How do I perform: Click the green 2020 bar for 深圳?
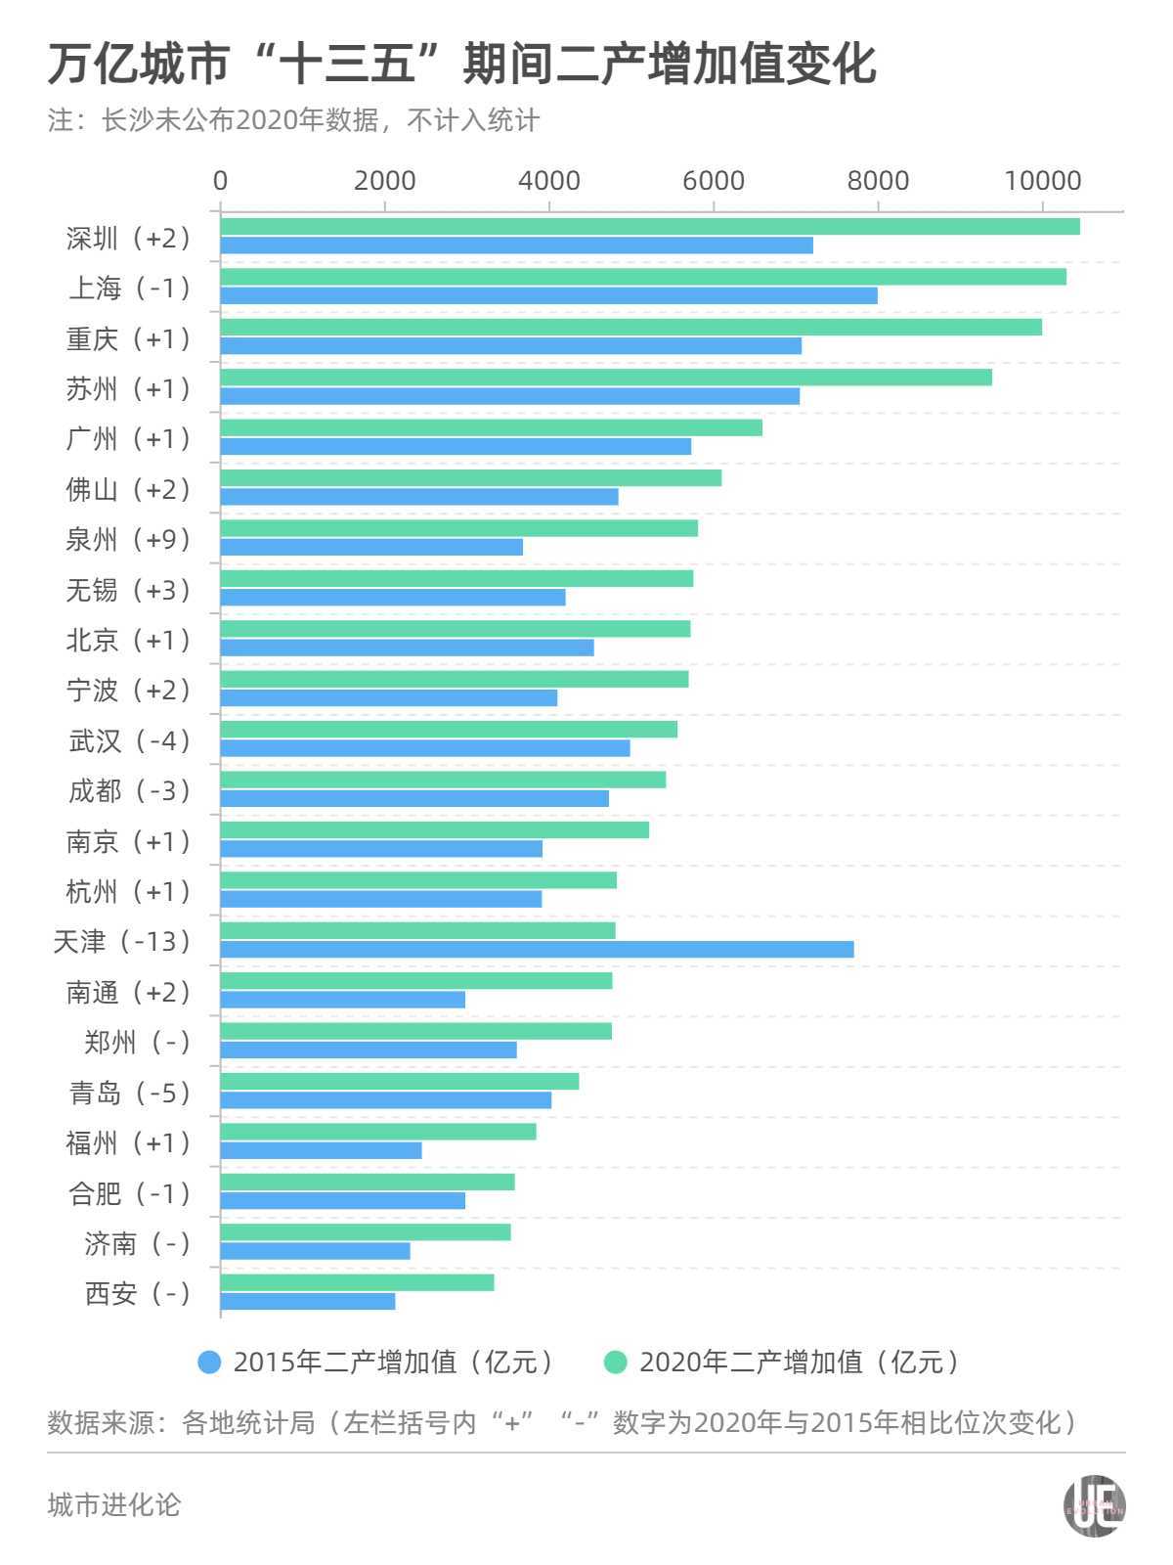click(x=650, y=227)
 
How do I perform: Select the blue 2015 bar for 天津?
click(x=537, y=950)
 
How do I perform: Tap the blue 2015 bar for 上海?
click(x=548, y=295)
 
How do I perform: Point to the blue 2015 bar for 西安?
click(x=308, y=1301)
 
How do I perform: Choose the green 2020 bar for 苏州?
click(x=606, y=378)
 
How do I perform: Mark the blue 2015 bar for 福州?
click(x=321, y=1150)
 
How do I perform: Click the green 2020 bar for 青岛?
click(x=400, y=1081)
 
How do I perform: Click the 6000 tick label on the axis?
click(x=714, y=181)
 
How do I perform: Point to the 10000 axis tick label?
click(x=1042, y=181)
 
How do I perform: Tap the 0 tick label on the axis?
click(x=221, y=181)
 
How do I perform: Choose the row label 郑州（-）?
click(x=138, y=1043)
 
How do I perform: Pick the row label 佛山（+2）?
click(x=130, y=490)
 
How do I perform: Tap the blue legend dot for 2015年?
click(x=209, y=1362)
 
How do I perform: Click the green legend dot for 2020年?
click(x=616, y=1362)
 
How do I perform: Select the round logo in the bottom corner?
click(x=1094, y=1505)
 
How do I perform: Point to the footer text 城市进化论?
click(x=114, y=1504)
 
